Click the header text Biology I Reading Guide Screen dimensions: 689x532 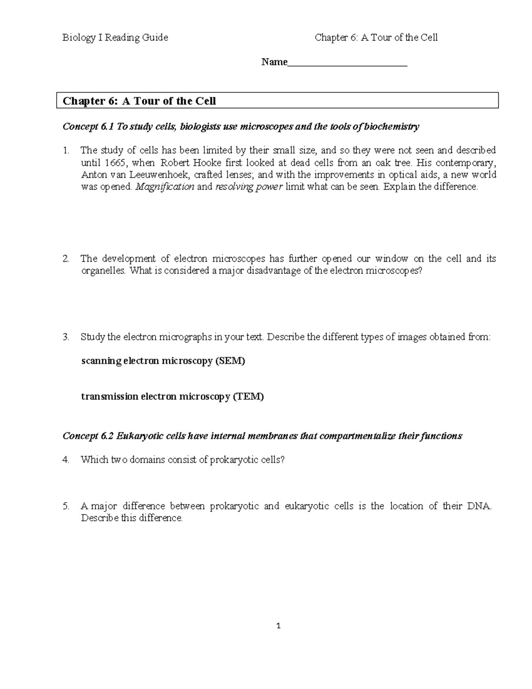115,38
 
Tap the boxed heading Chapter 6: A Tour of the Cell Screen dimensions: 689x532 139,101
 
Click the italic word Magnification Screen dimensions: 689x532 164,187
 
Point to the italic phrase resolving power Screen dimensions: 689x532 249,187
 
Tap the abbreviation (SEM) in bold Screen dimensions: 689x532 230,361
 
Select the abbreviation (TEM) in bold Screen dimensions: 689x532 248,397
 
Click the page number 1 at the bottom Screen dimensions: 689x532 278,626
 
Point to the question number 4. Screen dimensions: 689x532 66,460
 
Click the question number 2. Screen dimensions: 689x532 66,259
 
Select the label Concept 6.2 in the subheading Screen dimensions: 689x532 88,436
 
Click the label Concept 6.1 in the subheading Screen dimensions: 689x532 88,127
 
